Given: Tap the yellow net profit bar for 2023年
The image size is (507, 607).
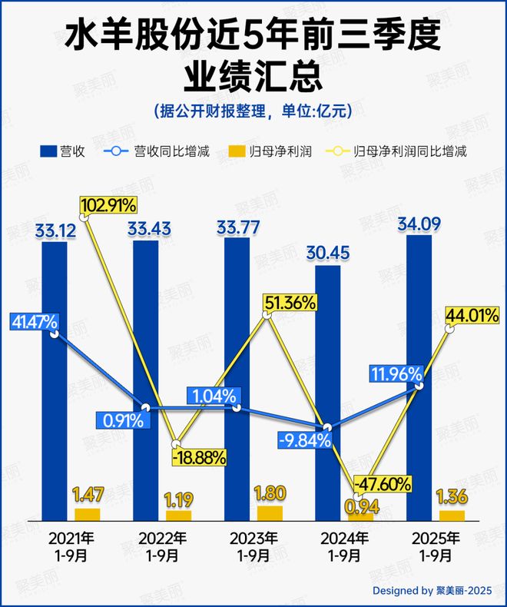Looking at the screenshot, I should pos(270,513).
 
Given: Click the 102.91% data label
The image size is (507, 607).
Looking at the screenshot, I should pos(108,205).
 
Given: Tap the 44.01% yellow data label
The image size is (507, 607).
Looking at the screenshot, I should pos(475,314).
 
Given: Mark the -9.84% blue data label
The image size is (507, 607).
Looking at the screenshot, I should pos(304,440).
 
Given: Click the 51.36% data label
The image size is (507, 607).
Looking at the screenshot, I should pos(289,303).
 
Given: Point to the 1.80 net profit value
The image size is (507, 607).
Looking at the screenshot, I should pos(270,493).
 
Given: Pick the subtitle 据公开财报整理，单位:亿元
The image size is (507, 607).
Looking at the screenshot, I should pos(253,111).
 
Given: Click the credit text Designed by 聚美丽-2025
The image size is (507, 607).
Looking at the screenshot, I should pos(431,591).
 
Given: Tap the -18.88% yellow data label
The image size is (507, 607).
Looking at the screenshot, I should pos(199,458).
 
